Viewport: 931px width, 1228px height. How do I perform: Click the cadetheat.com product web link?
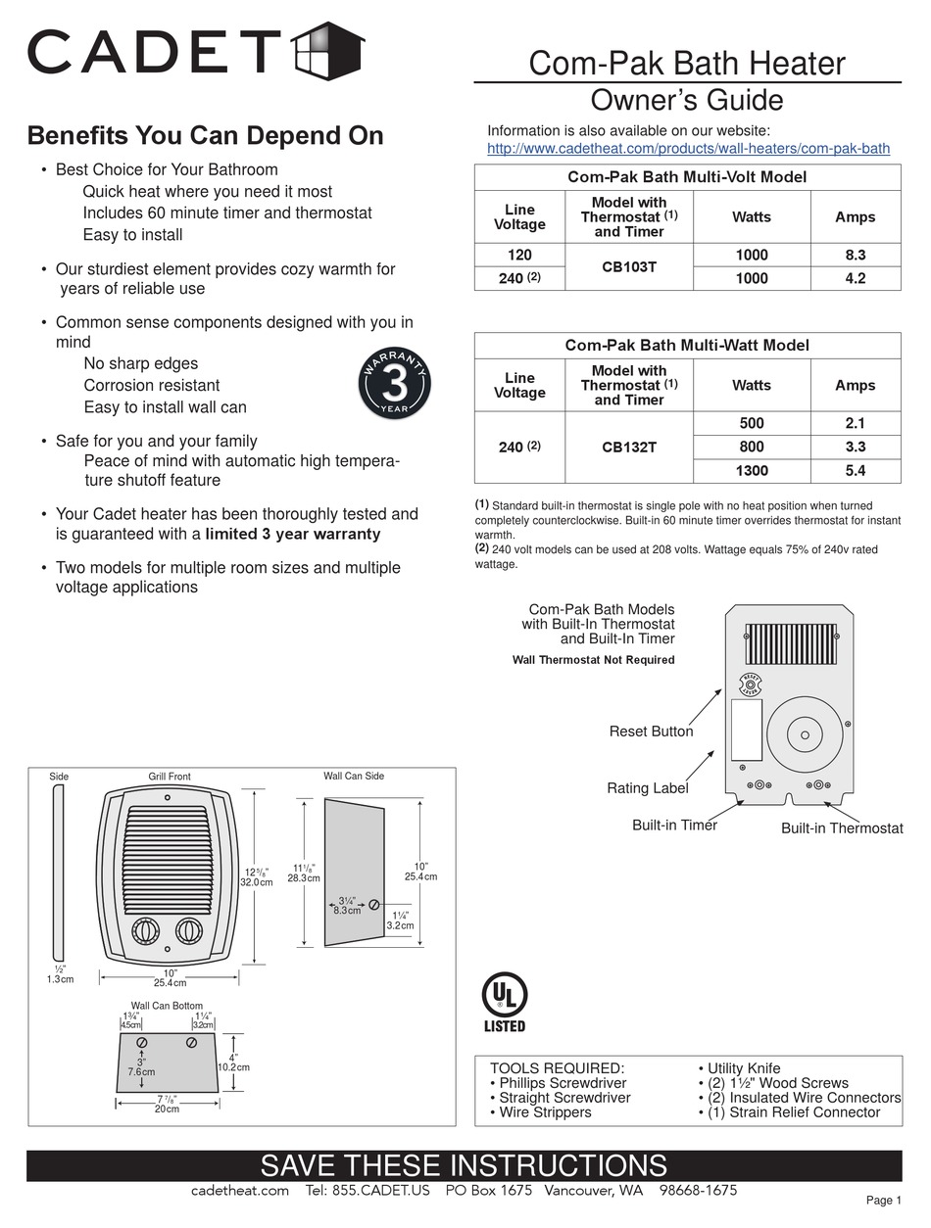coord(688,149)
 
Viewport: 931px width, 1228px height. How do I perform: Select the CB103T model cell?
coord(628,266)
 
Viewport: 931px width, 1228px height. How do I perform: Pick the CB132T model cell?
coord(628,448)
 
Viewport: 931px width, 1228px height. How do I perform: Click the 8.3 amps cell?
coord(855,255)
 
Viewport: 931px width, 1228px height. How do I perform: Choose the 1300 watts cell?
coord(751,471)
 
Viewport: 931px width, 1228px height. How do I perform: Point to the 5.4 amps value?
coord(855,471)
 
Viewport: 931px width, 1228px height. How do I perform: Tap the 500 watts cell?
coord(751,424)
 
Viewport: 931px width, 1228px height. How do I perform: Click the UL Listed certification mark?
coord(505,1001)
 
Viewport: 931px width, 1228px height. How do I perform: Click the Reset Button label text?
coord(651,732)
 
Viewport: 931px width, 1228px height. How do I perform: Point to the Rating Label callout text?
coord(647,788)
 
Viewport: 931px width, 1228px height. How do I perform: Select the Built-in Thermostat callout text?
coord(842,828)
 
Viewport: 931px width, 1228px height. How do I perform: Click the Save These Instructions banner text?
coord(464,1165)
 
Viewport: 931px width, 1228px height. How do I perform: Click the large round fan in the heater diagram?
coord(805,734)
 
